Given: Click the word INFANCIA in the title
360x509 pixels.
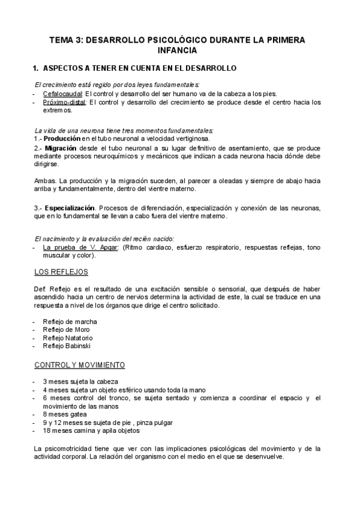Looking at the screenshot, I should (180, 50).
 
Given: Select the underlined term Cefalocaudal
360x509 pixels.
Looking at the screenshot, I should (62, 94).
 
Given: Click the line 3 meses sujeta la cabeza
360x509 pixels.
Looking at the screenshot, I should (80, 381).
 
